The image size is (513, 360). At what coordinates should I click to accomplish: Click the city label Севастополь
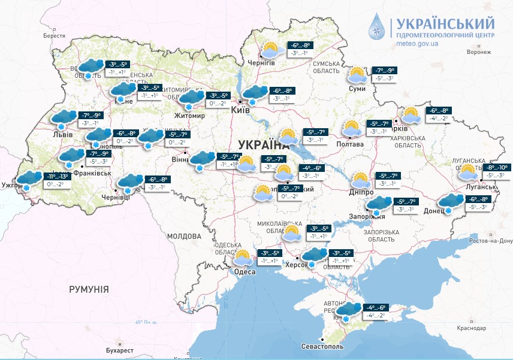click(x=322, y=346)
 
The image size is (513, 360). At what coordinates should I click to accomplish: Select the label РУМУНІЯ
click(x=89, y=289)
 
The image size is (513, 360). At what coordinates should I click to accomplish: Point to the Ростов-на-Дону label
click(x=490, y=241)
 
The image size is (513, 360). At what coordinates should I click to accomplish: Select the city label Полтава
click(x=351, y=144)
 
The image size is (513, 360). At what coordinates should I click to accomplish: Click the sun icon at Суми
click(x=358, y=75)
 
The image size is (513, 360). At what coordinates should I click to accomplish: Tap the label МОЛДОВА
click(x=183, y=236)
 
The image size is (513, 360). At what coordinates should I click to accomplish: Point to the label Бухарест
click(x=120, y=349)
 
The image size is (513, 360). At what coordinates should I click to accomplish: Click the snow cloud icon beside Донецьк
click(x=451, y=202)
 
